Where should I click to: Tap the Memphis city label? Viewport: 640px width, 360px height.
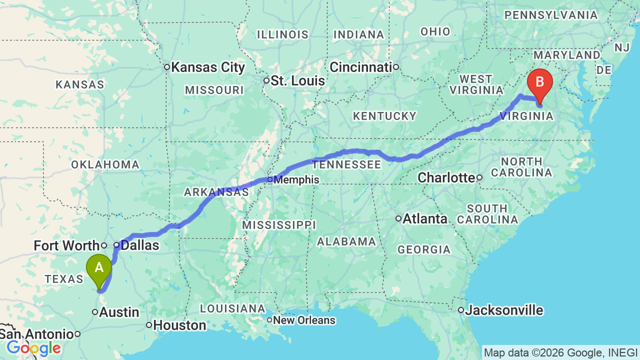(x=297, y=179)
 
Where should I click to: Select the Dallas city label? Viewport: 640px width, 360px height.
(x=140, y=245)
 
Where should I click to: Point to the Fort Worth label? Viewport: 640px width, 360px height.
(x=66, y=245)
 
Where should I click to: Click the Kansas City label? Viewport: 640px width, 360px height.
(x=208, y=67)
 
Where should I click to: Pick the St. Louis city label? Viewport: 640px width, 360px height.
(x=298, y=80)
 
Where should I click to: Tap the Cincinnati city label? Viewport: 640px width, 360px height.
(x=360, y=67)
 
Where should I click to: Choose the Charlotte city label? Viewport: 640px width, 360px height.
(x=446, y=177)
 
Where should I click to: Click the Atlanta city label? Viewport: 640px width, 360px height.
(x=425, y=218)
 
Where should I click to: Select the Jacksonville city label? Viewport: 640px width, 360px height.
(x=504, y=310)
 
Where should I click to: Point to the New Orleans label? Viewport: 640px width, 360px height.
(x=304, y=320)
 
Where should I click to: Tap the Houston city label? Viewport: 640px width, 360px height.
(x=179, y=325)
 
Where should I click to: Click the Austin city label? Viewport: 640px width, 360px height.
(x=119, y=312)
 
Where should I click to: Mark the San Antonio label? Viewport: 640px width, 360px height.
(x=37, y=334)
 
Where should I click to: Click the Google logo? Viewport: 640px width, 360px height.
(x=34, y=348)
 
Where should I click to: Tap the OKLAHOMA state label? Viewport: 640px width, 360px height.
(x=105, y=164)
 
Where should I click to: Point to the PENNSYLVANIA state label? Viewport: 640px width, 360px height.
(x=550, y=15)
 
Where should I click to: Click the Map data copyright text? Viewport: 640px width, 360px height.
(x=560, y=352)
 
